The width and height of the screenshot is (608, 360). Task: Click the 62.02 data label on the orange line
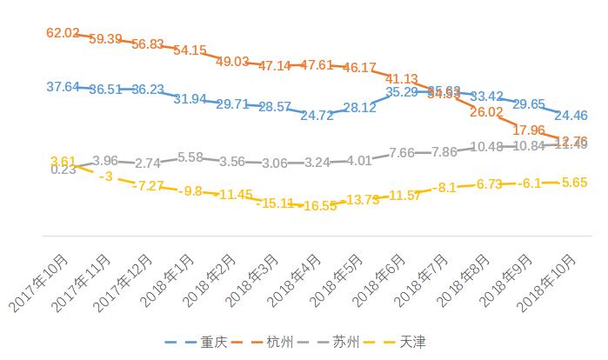coord(63,33)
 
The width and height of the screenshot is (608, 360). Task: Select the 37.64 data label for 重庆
coord(63,86)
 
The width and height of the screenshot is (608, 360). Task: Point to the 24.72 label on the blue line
coord(317,115)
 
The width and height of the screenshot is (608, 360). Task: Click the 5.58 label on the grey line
coord(190,157)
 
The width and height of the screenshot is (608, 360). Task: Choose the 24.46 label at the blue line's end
coord(571,115)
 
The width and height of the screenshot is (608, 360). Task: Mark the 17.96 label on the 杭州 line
coord(529,130)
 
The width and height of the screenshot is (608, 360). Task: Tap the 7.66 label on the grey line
coord(402,152)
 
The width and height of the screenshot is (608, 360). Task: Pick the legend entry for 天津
coord(412,342)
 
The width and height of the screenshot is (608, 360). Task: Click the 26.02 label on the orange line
coord(486,112)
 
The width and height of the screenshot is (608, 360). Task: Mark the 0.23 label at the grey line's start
coord(63,170)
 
